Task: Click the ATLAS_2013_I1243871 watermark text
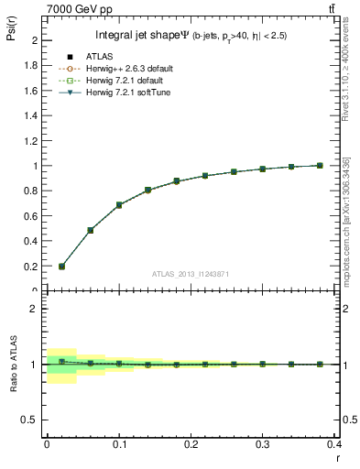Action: tap(191, 275)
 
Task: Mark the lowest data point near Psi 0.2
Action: tap(61, 267)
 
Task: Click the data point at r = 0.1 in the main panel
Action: tap(119, 205)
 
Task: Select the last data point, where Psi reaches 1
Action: tap(320, 166)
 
